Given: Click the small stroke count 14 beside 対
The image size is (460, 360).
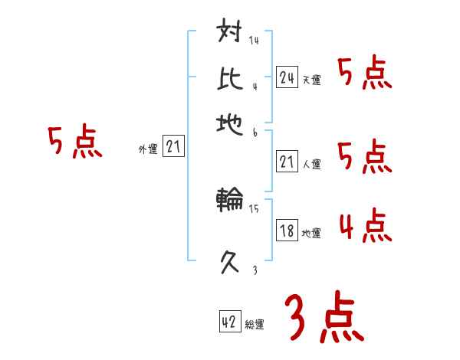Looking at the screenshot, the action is pyautogui.click(x=254, y=41).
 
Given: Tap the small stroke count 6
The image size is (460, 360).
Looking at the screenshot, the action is pyautogui.click(x=255, y=132).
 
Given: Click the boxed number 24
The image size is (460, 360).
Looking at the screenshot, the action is pyautogui.click(x=287, y=77).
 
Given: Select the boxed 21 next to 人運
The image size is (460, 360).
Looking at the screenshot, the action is pyautogui.click(x=287, y=162).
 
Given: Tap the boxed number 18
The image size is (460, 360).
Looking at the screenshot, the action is pyautogui.click(x=287, y=231).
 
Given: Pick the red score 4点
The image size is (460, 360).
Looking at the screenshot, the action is pyautogui.click(x=364, y=227).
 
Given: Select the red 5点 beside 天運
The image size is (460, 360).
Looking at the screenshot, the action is pyautogui.click(x=364, y=74).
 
